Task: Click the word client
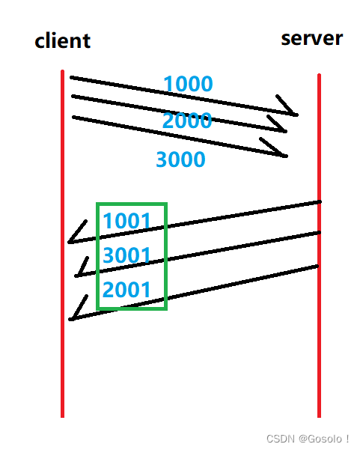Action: pos(63,40)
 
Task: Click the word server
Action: pos(312,38)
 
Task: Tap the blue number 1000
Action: pos(188,84)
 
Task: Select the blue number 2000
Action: pos(187,121)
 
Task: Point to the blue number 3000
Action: pos(180,159)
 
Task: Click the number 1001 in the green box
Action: pos(126,221)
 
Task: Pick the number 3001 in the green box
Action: pos(126,255)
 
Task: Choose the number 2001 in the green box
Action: pos(126,289)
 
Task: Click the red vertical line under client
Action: pos(63,243)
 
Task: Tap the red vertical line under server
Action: pos(319,246)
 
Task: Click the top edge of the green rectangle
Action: pos(132,204)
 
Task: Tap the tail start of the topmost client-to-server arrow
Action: pos(71,77)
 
